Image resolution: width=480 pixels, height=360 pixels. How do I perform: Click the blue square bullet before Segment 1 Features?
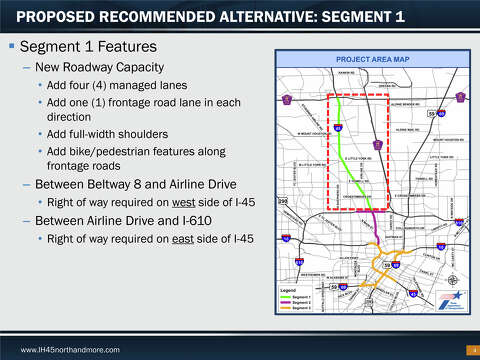(11, 48)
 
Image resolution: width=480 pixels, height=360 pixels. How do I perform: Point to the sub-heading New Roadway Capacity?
(101, 67)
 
